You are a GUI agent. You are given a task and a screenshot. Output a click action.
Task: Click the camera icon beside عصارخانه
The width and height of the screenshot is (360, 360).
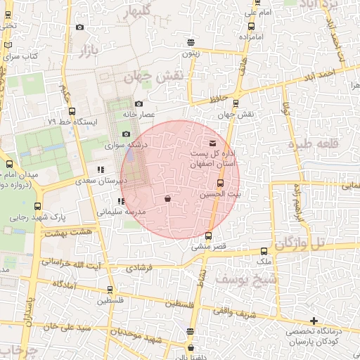point(138,105)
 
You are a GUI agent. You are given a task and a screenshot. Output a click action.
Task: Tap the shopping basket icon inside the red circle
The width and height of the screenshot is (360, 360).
point(167,200)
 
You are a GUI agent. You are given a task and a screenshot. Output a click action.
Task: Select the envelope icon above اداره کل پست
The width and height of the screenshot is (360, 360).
point(213,144)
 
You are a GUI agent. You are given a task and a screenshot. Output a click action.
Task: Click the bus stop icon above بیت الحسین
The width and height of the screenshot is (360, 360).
point(221,184)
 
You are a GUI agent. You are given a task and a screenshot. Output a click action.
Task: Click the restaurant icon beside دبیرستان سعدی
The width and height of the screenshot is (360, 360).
point(101,170)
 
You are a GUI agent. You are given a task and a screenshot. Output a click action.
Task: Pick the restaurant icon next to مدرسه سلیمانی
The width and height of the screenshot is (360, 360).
point(112,202)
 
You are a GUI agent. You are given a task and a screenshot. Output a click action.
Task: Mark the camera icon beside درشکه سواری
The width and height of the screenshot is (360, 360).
point(126,134)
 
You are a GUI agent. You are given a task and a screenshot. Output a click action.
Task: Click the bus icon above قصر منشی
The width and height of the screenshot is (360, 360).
point(208,236)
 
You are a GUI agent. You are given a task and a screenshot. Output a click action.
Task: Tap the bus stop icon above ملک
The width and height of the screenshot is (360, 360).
point(264,251)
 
